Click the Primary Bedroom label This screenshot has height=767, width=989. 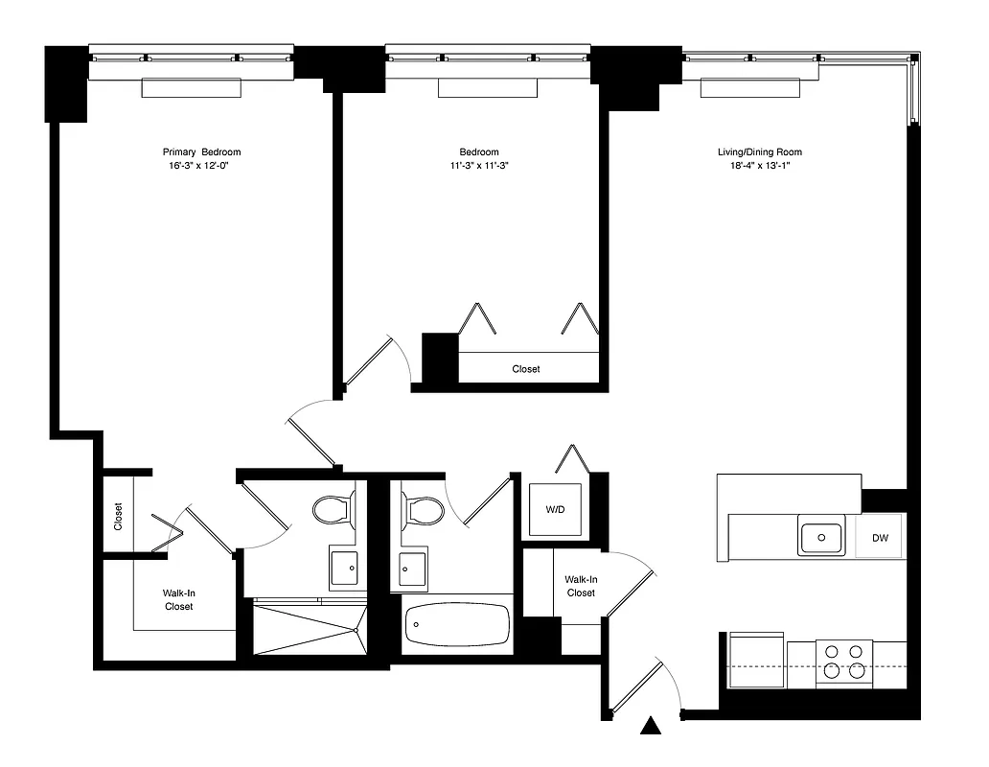pos(201,151)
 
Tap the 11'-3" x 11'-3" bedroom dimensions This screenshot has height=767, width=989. pos(478,165)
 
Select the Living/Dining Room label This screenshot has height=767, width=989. pos(759,151)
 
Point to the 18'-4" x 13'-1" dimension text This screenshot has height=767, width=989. pos(759,165)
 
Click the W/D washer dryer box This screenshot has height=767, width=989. pos(555,509)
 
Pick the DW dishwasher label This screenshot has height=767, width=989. pos(880,538)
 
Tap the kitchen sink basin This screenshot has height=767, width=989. pos(821,535)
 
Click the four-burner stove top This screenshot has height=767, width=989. pos(844,662)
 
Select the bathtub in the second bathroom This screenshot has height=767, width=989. pos(457,625)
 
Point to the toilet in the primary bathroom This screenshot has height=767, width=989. pos(333,509)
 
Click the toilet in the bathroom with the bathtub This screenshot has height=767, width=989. pos(423,509)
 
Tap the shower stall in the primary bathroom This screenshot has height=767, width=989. pos(310,629)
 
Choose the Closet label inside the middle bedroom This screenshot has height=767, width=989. pos(526,368)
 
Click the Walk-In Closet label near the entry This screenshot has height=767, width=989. pos(581,586)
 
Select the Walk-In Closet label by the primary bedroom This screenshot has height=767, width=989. pos(178,599)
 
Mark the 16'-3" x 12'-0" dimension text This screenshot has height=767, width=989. pos(201,165)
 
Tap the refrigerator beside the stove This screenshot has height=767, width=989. pos(757,661)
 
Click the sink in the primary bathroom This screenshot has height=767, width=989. pos(344,568)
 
